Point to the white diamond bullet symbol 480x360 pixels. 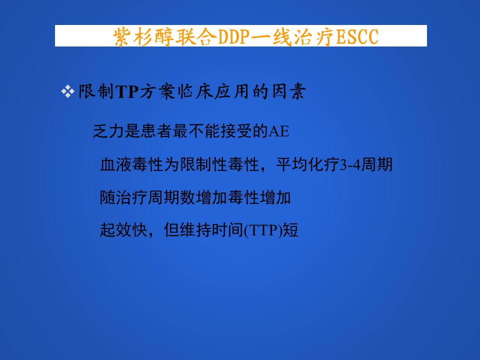[x=67, y=91]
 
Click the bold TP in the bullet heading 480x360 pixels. [x=127, y=92]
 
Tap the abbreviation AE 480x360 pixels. [x=278, y=131]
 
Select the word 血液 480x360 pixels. [x=116, y=164]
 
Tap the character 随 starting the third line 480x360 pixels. [x=108, y=197]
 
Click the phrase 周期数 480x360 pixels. [x=171, y=197]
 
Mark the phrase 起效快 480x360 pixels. [x=124, y=230]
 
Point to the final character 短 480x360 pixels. [x=290, y=230]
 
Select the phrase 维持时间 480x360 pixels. [x=211, y=230]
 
